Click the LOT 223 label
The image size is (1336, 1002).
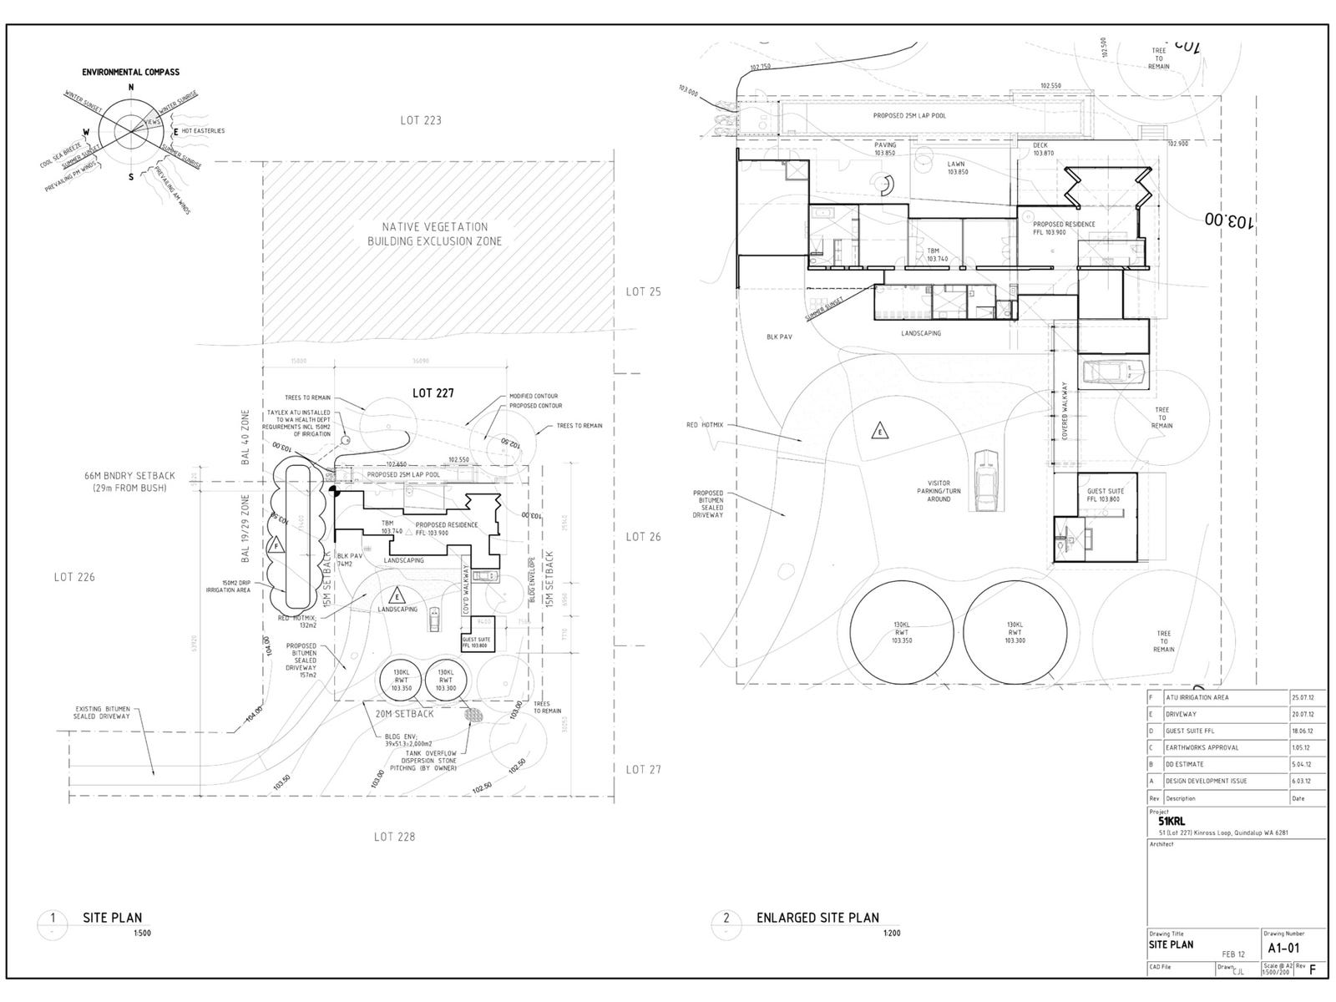click(420, 120)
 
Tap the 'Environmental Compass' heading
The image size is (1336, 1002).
click(130, 73)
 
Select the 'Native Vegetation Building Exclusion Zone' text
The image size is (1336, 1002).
click(434, 234)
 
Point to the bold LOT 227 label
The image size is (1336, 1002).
click(433, 392)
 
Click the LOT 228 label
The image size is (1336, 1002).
click(394, 837)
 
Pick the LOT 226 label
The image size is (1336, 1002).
click(74, 577)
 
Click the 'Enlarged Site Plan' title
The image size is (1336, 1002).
click(817, 918)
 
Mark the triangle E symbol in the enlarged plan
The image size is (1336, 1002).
click(878, 432)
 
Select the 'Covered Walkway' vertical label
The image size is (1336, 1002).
click(1065, 411)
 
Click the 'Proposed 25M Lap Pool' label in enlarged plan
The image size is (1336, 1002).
click(909, 116)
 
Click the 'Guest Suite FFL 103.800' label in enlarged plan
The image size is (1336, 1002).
click(1105, 495)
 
